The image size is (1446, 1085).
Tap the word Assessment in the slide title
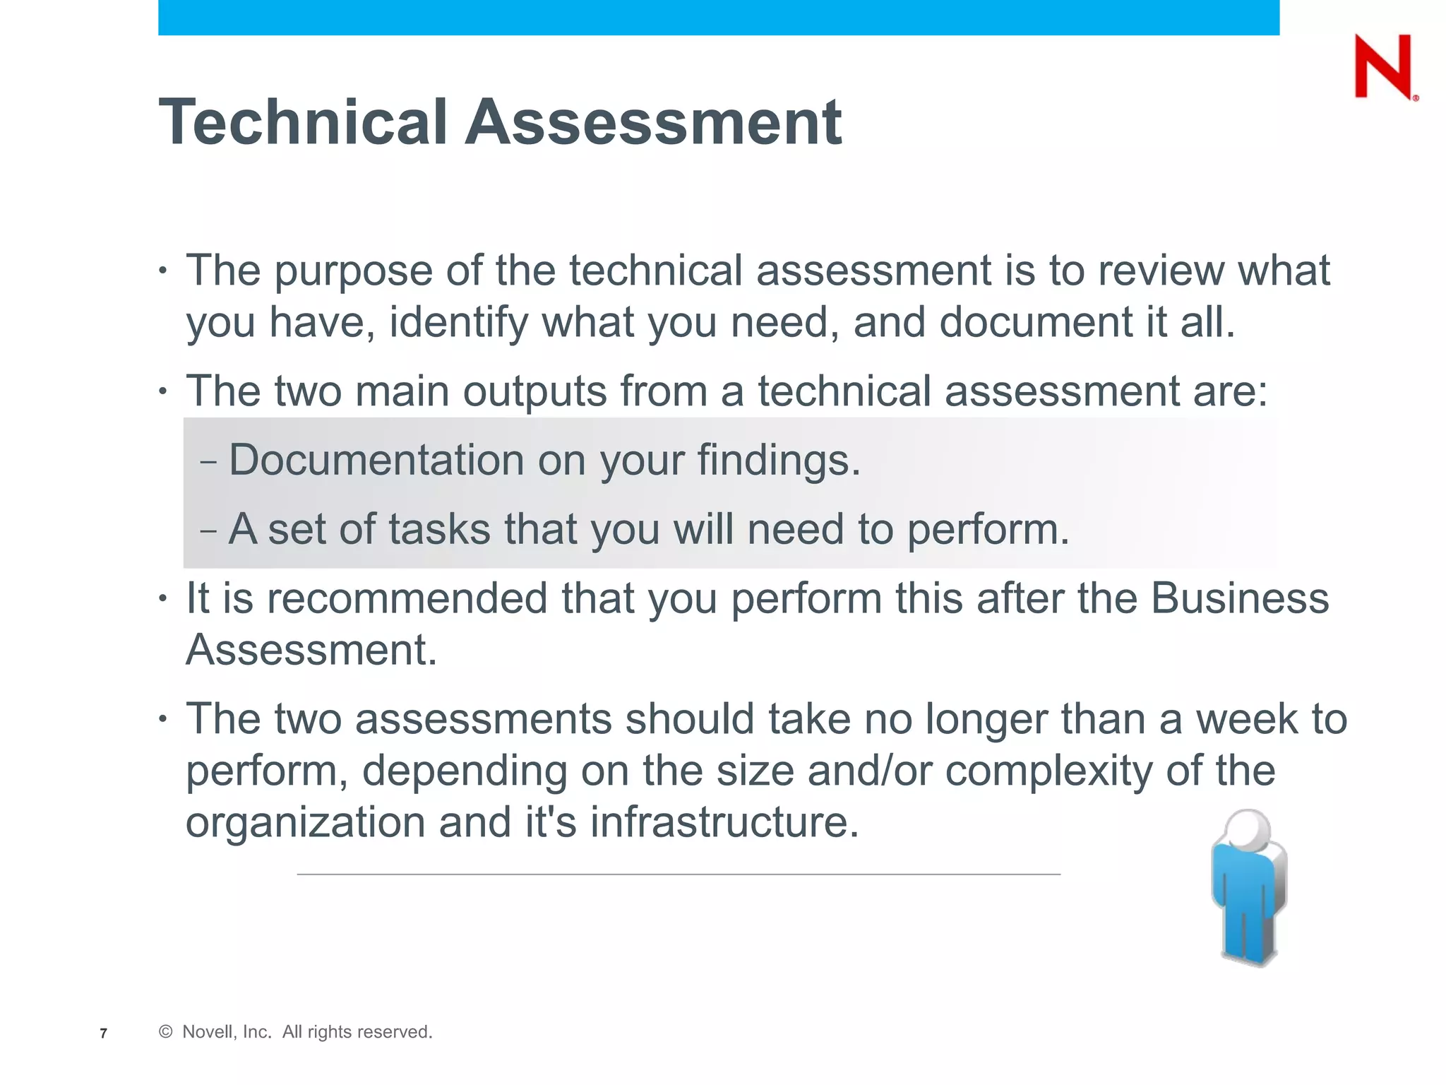(653, 122)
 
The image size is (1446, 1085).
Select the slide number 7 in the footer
(104, 1033)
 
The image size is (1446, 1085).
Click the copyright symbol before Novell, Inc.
(166, 1032)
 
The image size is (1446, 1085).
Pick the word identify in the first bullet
(458, 323)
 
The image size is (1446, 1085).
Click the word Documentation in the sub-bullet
(376, 461)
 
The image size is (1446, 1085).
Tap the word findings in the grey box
(778, 461)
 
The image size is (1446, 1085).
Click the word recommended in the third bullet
(407, 598)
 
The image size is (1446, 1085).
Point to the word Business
(1240, 598)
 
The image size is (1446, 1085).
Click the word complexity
(1048, 771)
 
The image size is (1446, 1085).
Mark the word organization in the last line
(305, 822)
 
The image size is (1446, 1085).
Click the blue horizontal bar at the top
(718, 18)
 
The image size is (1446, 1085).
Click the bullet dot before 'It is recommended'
(163, 598)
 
